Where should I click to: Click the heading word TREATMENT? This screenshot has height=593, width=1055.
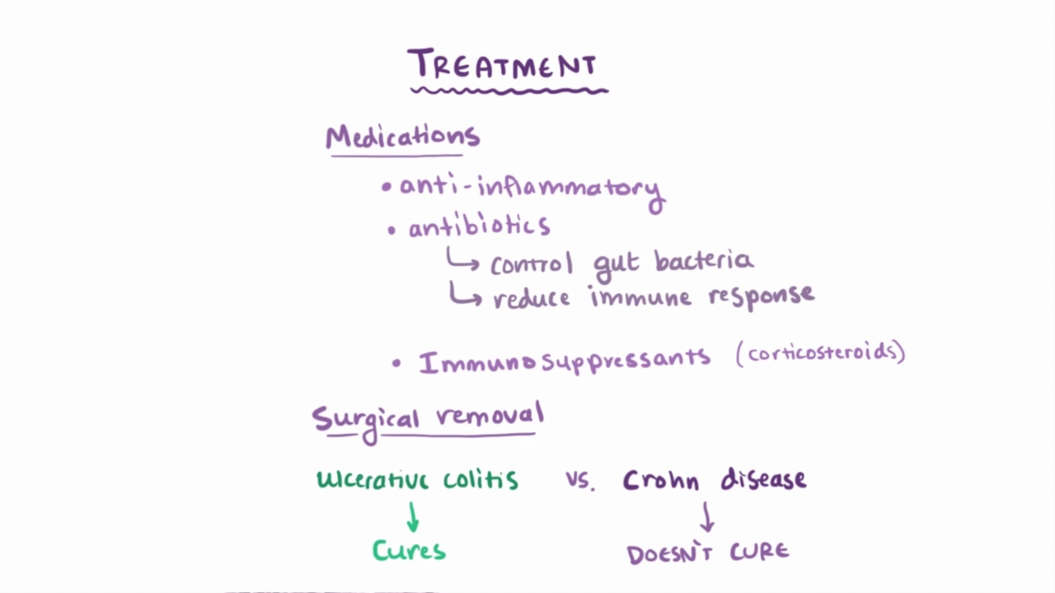[x=503, y=64]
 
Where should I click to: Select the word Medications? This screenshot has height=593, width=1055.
[x=402, y=137]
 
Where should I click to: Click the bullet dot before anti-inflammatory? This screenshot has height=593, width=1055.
[x=386, y=188]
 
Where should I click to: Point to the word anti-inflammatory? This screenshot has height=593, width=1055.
[x=531, y=188]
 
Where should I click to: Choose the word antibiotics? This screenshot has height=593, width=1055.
[x=480, y=226]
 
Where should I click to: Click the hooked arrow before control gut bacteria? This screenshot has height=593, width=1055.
[x=462, y=260]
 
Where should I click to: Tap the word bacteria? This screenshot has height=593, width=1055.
[x=704, y=260]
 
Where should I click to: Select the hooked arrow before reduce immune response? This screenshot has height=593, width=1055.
[x=465, y=294]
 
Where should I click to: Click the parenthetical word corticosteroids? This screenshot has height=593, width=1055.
[x=821, y=353]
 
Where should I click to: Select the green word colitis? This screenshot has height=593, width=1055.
[x=481, y=479]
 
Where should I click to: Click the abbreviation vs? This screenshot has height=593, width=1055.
[x=579, y=481]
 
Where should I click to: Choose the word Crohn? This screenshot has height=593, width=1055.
[x=663, y=479]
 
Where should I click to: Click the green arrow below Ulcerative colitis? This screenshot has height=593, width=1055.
[x=412, y=517]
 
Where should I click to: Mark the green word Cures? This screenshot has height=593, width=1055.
[x=409, y=550]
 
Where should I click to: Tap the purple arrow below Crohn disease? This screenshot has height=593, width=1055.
[x=706, y=517]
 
